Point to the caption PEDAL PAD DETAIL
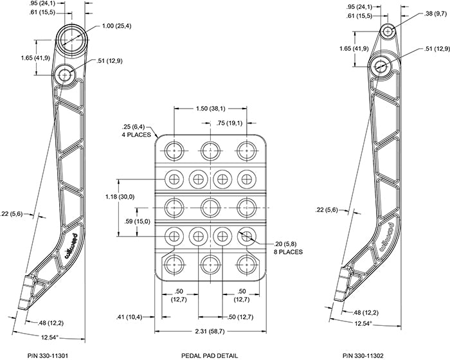[x=210, y=355]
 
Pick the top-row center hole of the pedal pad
[x=210, y=150]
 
